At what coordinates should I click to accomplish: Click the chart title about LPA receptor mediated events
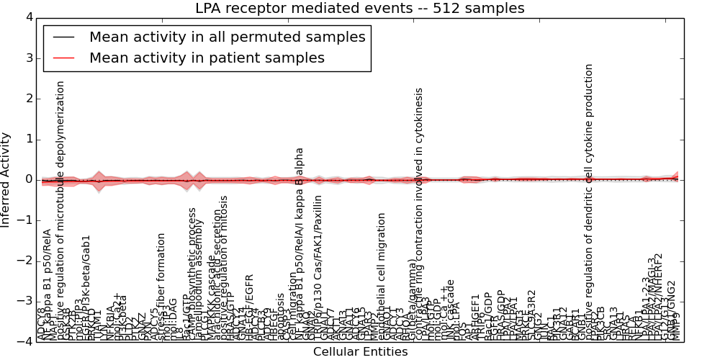360,9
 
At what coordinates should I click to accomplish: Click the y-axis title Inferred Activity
6,179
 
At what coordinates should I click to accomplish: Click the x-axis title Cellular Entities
360,352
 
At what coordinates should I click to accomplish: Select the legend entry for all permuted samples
227,37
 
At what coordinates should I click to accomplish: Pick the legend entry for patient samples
207,58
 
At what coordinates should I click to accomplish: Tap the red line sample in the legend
63,58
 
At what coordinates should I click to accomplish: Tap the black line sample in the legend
63,37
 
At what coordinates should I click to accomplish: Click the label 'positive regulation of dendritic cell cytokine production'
589,202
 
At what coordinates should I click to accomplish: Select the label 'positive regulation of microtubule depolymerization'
61,209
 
